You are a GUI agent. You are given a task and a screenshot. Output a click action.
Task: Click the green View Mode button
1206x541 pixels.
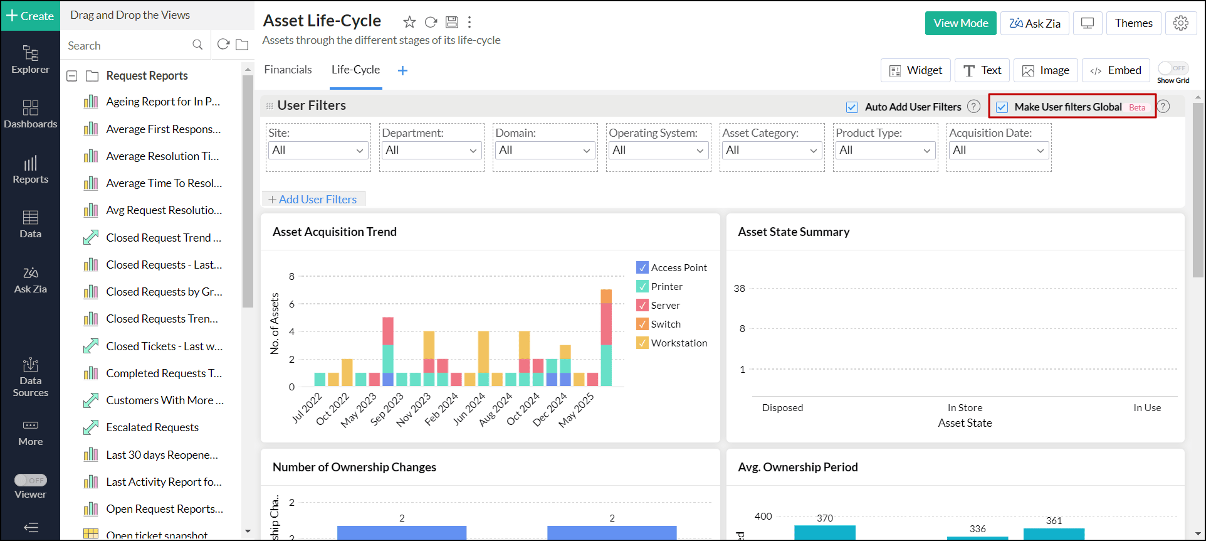click(x=960, y=23)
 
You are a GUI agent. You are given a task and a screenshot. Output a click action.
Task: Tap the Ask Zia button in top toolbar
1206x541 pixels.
click(x=1034, y=23)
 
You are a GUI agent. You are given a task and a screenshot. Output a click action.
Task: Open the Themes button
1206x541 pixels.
click(x=1133, y=23)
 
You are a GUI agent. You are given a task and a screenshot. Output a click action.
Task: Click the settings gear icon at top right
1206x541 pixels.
click(x=1181, y=23)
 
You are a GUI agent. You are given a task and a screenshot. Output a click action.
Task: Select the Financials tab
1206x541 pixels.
click(x=288, y=70)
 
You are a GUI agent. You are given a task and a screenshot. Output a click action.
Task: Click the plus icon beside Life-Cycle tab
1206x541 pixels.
click(x=402, y=70)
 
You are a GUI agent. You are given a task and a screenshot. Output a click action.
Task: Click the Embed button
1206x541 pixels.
click(x=1116, y=70)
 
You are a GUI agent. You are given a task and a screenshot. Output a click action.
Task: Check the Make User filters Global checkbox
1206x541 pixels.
click(x=1002, y=107)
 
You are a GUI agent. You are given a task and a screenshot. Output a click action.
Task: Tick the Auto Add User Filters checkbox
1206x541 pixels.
click(x=852, y=107)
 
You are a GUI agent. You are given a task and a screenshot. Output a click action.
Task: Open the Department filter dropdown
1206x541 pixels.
click(x=431, y=150)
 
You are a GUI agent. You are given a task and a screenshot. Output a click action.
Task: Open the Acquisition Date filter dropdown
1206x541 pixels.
click(x=998, y=150)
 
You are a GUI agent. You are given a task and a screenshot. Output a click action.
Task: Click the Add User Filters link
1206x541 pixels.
click(x=313, y=199)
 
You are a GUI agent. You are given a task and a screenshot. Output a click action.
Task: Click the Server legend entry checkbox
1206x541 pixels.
click(x=642, y=305)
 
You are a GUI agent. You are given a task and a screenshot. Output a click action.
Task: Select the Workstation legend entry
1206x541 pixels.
click(x=679, y=343)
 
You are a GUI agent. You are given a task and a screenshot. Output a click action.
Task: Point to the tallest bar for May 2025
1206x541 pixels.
click(x=606, y=339)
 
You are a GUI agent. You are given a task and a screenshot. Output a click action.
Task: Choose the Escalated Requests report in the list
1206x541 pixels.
click(x=152, y=427)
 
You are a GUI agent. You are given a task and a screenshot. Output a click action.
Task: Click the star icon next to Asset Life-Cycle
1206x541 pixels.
click(x=409, y=23)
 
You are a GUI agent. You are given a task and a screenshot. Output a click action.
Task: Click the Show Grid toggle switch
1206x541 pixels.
click(x=1173, y=68)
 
